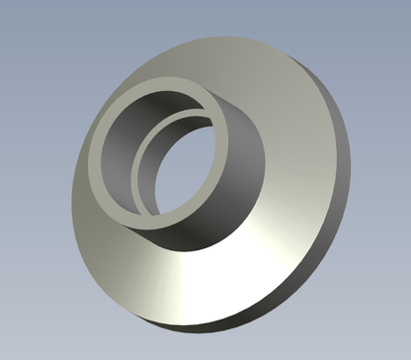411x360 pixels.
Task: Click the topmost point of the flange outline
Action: [x=222, y=33]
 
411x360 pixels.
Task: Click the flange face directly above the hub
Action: [x=198, y=64]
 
